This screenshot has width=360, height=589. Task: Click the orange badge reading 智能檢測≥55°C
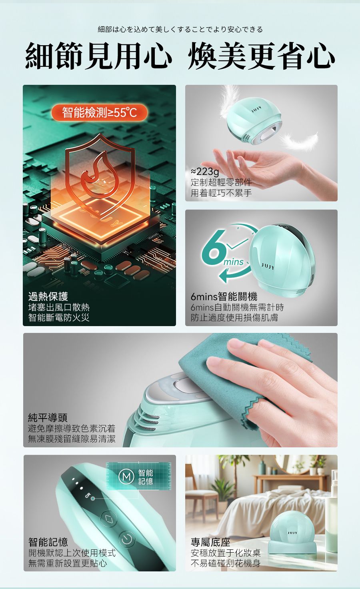pos(99,113)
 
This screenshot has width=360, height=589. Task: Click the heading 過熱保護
pos(48,297)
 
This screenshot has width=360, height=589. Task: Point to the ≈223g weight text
pos(205,171)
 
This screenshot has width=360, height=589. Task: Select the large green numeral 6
pos(214,245)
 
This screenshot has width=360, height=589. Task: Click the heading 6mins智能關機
pos(224,297)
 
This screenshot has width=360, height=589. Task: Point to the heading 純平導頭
pos(48,417)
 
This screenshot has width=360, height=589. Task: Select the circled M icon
pos(126,477)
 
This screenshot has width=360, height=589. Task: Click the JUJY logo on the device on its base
pos(292,533)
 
